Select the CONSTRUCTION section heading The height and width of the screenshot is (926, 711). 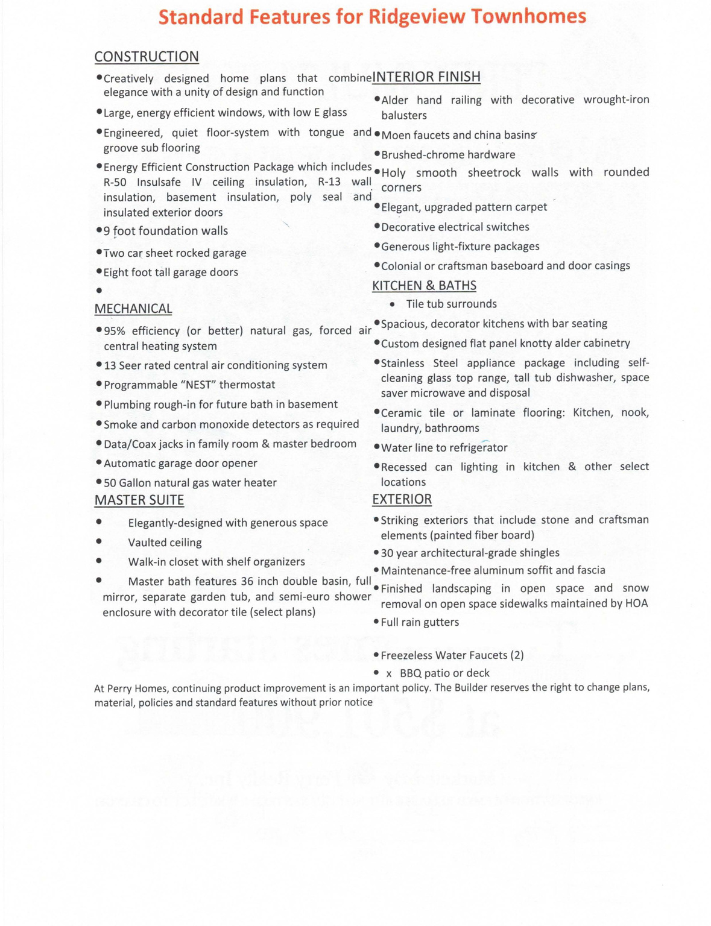147,57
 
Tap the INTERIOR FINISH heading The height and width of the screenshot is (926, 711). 426,77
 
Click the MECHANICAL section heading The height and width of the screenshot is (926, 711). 133,309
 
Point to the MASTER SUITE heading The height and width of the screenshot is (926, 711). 139,500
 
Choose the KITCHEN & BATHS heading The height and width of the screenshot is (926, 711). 424,286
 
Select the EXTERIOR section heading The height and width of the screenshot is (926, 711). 402,499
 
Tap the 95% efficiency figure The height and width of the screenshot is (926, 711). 115,331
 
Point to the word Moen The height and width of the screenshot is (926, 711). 394,135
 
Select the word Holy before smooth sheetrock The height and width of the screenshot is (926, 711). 394,173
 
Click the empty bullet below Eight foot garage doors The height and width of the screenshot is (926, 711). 99,291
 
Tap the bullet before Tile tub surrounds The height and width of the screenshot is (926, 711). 393,304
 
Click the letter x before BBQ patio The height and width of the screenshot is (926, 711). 389,673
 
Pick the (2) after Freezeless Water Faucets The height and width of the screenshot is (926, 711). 516,655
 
